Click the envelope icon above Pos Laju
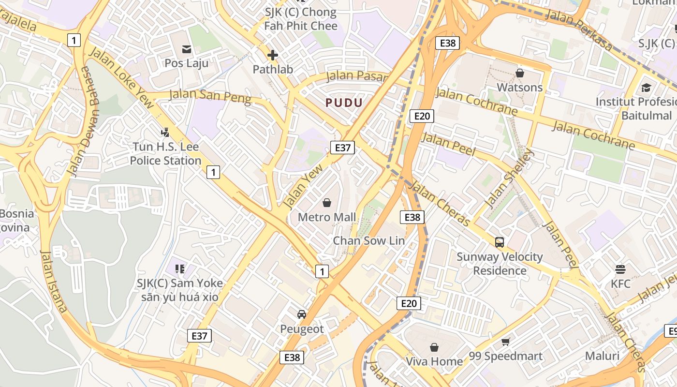pos(186,49)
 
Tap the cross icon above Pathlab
pos(273,55)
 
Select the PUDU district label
pos(344,103)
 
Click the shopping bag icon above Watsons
pos(520,73)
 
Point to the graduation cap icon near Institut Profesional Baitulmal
pos(646,88)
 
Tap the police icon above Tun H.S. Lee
pos(165,132)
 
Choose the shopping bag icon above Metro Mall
pos(327,203)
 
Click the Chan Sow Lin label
pos(369,240)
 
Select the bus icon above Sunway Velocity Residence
pos(500,242)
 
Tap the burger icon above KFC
pos(620,269)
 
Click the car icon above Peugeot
pos(302,314)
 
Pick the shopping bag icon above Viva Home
pos(434,347)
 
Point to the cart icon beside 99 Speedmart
pos(506,342)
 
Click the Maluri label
pos(602,356)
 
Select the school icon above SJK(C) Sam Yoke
pos(180,268)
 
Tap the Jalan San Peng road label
pos(210,95)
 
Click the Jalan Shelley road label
pos(510,179)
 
